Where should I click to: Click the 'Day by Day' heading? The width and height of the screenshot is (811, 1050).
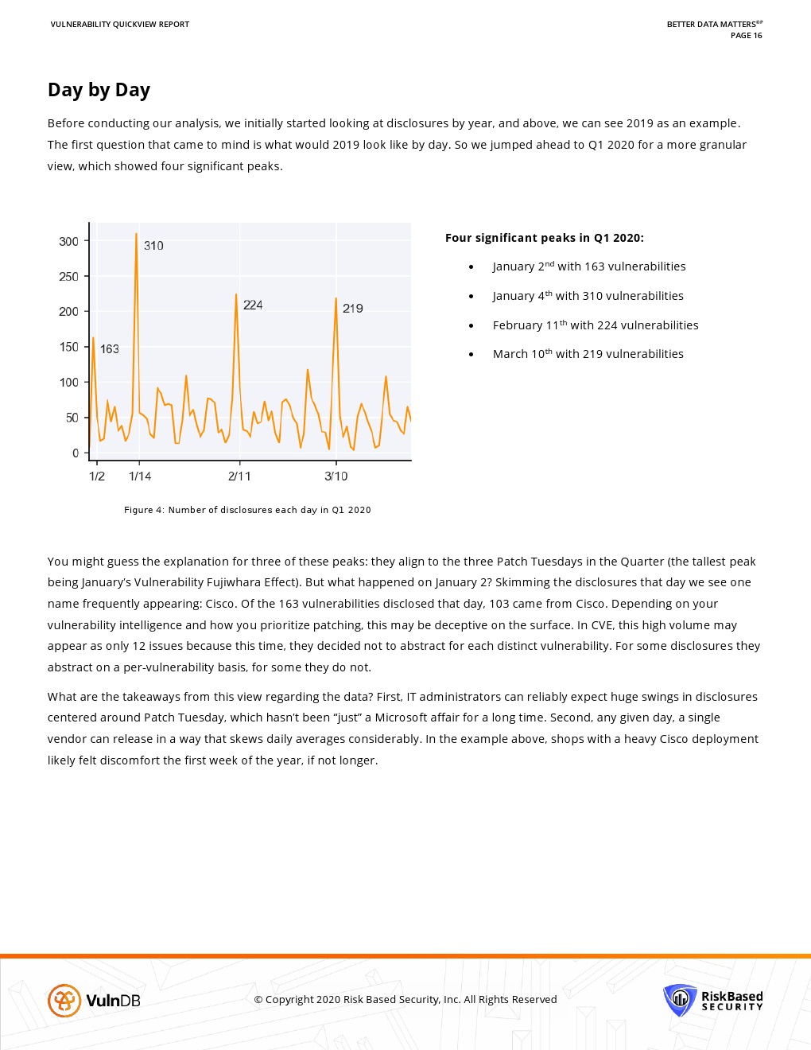coord(99,90)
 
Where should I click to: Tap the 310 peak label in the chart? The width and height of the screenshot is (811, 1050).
coord(153,246)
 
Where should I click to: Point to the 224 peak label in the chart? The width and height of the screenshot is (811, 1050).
coord(253,305)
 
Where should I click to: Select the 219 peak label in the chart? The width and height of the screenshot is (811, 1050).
coord(353,309)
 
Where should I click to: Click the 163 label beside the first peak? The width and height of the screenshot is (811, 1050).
coord(110,349)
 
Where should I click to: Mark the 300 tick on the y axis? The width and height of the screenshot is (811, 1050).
coord(68,241)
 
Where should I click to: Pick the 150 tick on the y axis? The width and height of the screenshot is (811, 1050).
coord(68,347)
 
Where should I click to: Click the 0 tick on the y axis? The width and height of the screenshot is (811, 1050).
coord(76,453)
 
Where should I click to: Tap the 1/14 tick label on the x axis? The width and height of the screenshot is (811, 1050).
coord(140,476)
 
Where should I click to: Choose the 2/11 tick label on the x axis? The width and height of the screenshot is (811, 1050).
coord(239,476)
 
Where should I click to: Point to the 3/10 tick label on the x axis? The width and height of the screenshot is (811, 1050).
coord(336,476)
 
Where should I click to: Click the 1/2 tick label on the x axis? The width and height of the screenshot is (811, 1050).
coord(97,476)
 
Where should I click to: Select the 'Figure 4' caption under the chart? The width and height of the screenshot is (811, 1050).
coord(247,510)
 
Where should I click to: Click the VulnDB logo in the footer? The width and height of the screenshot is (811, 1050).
coord(94,1000)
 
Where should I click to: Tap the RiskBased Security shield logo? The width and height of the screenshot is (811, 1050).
coord(680,1000)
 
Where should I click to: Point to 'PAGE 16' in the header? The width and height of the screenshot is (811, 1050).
coord(746,35)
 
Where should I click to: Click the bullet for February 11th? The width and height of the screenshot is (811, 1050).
coord(471,325)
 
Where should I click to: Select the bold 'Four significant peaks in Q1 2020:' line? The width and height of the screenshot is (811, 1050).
coord(545,238)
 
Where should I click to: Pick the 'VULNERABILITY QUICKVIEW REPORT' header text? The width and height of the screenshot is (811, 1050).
coord(120,25)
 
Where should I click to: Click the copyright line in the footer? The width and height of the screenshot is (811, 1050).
coord(405,1000)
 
